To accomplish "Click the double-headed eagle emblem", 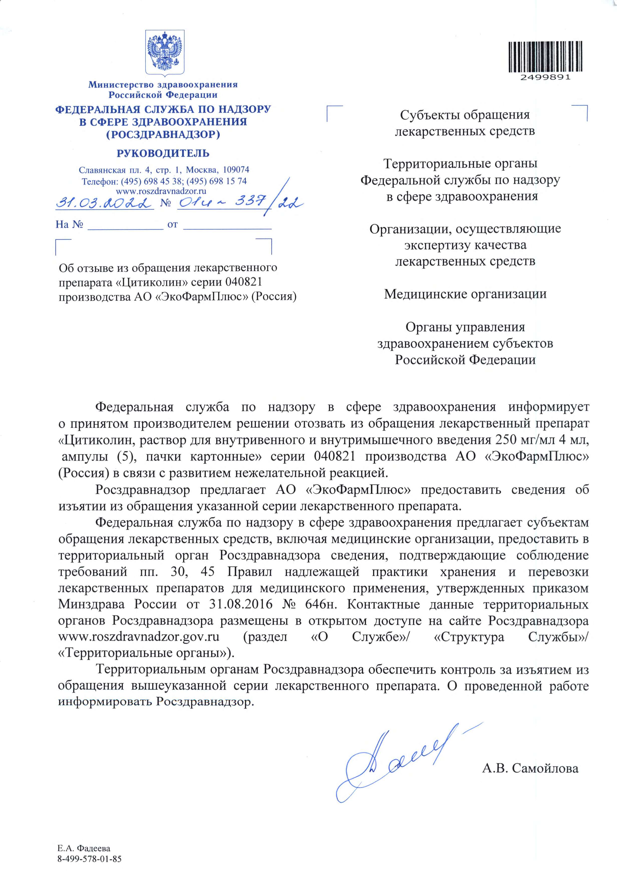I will coord(165,52).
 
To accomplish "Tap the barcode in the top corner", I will coord(545,57).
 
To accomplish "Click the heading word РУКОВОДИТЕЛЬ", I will coord(163,153).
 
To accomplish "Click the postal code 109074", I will coord(236,169).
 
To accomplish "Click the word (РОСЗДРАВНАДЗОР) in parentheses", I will coord(163,134).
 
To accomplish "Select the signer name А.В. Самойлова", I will coord(530,768).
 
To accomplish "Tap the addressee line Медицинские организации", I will coord(465,294).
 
